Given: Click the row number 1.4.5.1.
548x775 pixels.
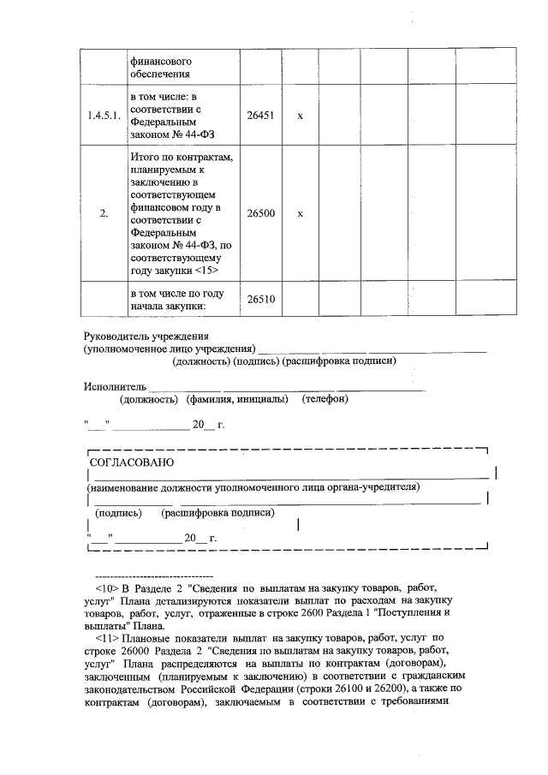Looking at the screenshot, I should pyautogui.click(x=104, y=116).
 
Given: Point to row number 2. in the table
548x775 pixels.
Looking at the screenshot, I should pyautogui.click(x=104, y=213).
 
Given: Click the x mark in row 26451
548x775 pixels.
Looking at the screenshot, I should pyautogui.click(x=300, y=116).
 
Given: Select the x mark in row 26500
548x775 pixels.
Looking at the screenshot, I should pyautogui.click(x=300, y=213).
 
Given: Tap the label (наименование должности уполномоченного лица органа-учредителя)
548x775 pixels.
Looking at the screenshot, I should pyautogui.click(x=253, y=487).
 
